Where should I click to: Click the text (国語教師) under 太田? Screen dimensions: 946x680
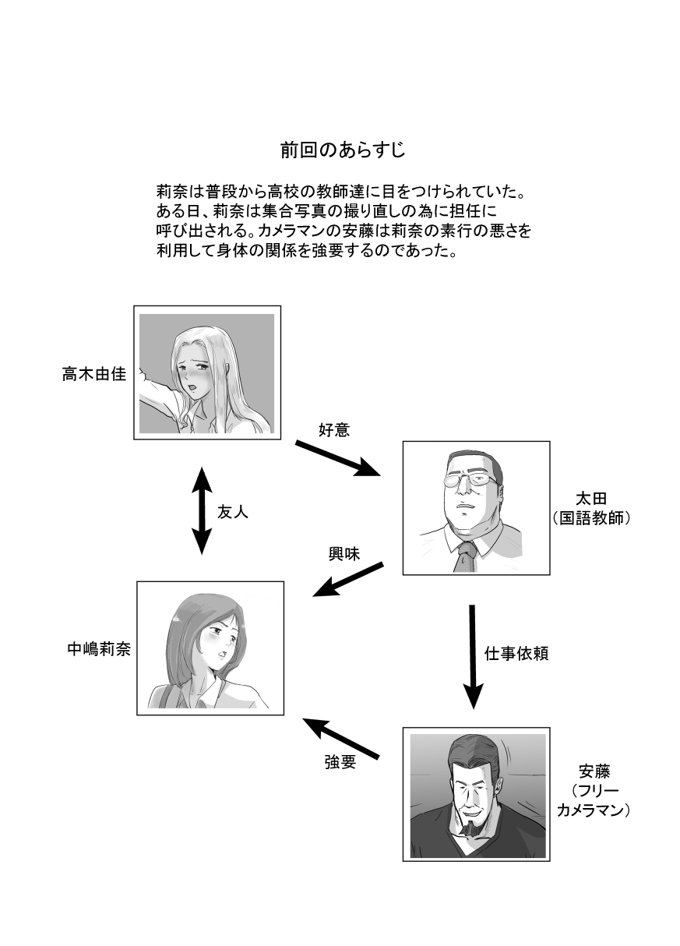[x=592, y=518]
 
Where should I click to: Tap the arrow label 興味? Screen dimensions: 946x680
[x=344, y=555]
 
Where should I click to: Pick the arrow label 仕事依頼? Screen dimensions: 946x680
[x=516, y=653]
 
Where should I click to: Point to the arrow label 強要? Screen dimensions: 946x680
[x=340, y=763]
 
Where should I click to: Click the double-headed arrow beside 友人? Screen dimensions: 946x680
[x=202, y=510]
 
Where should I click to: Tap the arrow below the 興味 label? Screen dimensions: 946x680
[x=348, y=580]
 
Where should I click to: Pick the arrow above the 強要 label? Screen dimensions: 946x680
[x=340, y=736]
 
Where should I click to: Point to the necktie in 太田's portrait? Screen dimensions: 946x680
[x=465, y=556]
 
